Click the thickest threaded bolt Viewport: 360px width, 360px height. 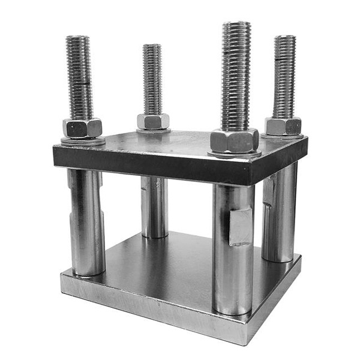(x=236, y=78)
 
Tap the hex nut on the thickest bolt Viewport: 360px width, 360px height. (x=234, y=141)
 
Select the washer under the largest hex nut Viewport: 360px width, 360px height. (x=235, y=154)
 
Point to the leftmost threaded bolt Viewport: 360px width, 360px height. (x=79, y=78)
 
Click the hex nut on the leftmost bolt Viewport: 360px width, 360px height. (x=82, y=128)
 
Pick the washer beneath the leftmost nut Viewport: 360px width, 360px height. (x=83, y=141)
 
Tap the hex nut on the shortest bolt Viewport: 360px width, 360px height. (x=153, y=122)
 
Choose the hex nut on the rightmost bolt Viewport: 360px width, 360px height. (x=283, y=126)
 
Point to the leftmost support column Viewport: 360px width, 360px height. (x=86, y=222)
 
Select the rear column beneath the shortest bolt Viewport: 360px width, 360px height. (x=154, y=207)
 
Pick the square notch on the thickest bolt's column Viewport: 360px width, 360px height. (x=241, y=226)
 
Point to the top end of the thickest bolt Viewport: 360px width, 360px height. (x=236, y=25)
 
